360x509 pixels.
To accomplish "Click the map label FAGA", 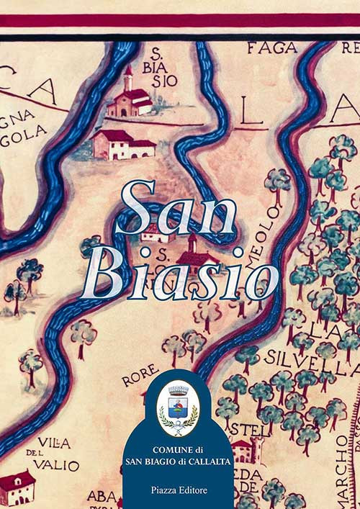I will (x=271, y=48).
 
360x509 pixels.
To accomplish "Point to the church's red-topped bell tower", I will (x=128, y=78).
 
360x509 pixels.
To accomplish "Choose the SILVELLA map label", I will (x=312, y=357).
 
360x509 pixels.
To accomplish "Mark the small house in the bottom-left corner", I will (x=17, y=488).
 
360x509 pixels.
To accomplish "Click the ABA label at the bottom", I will (x=102, y=496).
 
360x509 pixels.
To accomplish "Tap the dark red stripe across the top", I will (x=180, y=20).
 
